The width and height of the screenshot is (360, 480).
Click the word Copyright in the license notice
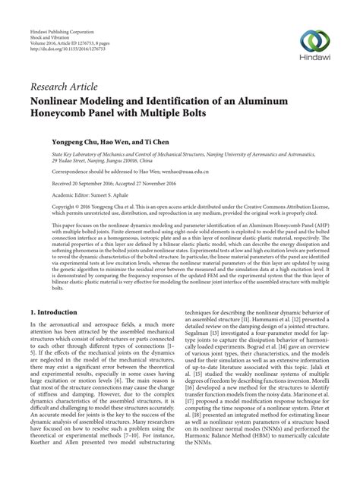coord(43,207)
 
